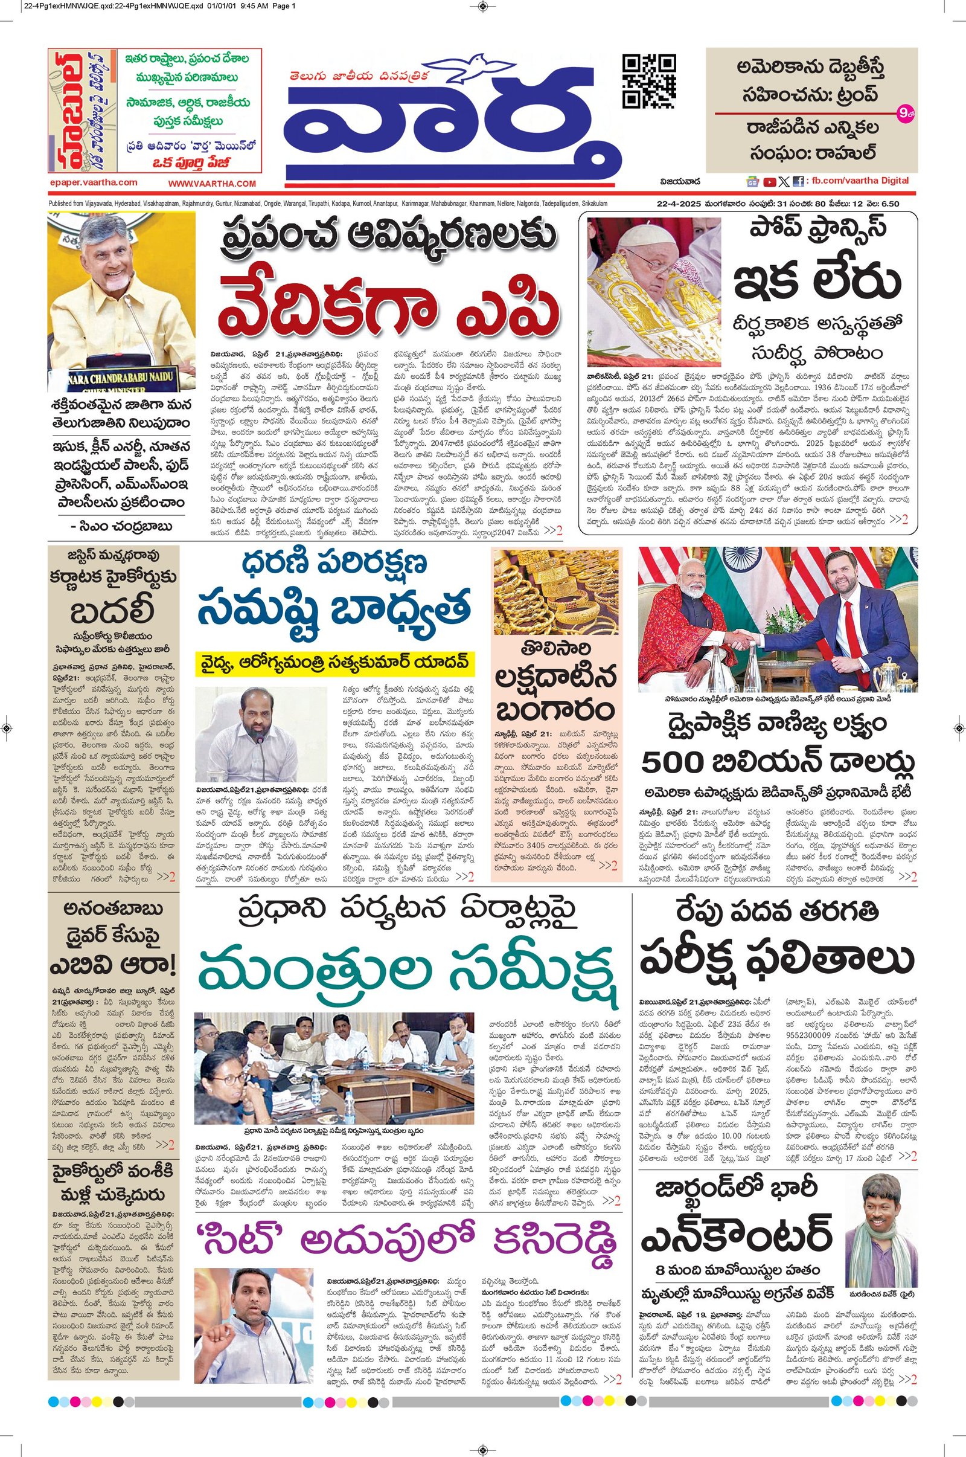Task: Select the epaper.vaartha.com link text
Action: tap(94, 182)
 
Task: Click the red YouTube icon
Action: tap(769, 182)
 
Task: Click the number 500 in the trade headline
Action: tap(671, 763)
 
